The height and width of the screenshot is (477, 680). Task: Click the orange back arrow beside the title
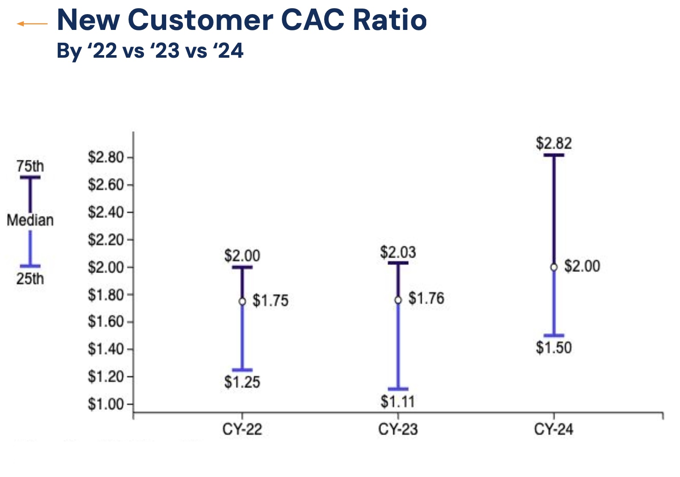click(32, 24)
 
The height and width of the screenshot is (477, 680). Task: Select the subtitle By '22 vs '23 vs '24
click(150, 51)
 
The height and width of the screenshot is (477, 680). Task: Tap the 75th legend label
click(30, 166)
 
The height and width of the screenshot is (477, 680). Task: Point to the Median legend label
click(30, 220)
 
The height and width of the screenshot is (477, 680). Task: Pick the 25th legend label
click(30, 279)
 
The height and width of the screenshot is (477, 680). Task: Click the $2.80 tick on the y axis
click(106, 157)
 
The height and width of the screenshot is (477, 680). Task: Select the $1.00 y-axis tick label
click(106, 404)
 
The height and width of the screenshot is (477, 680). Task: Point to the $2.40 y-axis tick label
click(106, 212)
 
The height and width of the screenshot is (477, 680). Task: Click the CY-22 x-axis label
click(242, 429)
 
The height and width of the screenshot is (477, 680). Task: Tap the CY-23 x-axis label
click(398, 429)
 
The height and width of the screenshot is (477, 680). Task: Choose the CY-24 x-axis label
click(554, 429)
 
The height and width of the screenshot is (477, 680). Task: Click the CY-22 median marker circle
click(242, 301)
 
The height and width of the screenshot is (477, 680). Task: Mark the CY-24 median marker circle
click(554, 267)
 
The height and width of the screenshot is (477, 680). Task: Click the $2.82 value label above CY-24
click(554, 143)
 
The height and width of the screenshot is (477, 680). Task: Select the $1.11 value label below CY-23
click(398, 402)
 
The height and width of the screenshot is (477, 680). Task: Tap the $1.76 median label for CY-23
click(426, 298)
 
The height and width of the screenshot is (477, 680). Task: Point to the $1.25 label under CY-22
click(242, 382)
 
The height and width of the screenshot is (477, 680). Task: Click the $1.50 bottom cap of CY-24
click(554, 336)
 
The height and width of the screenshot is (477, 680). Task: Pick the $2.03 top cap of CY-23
click(398, 263)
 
